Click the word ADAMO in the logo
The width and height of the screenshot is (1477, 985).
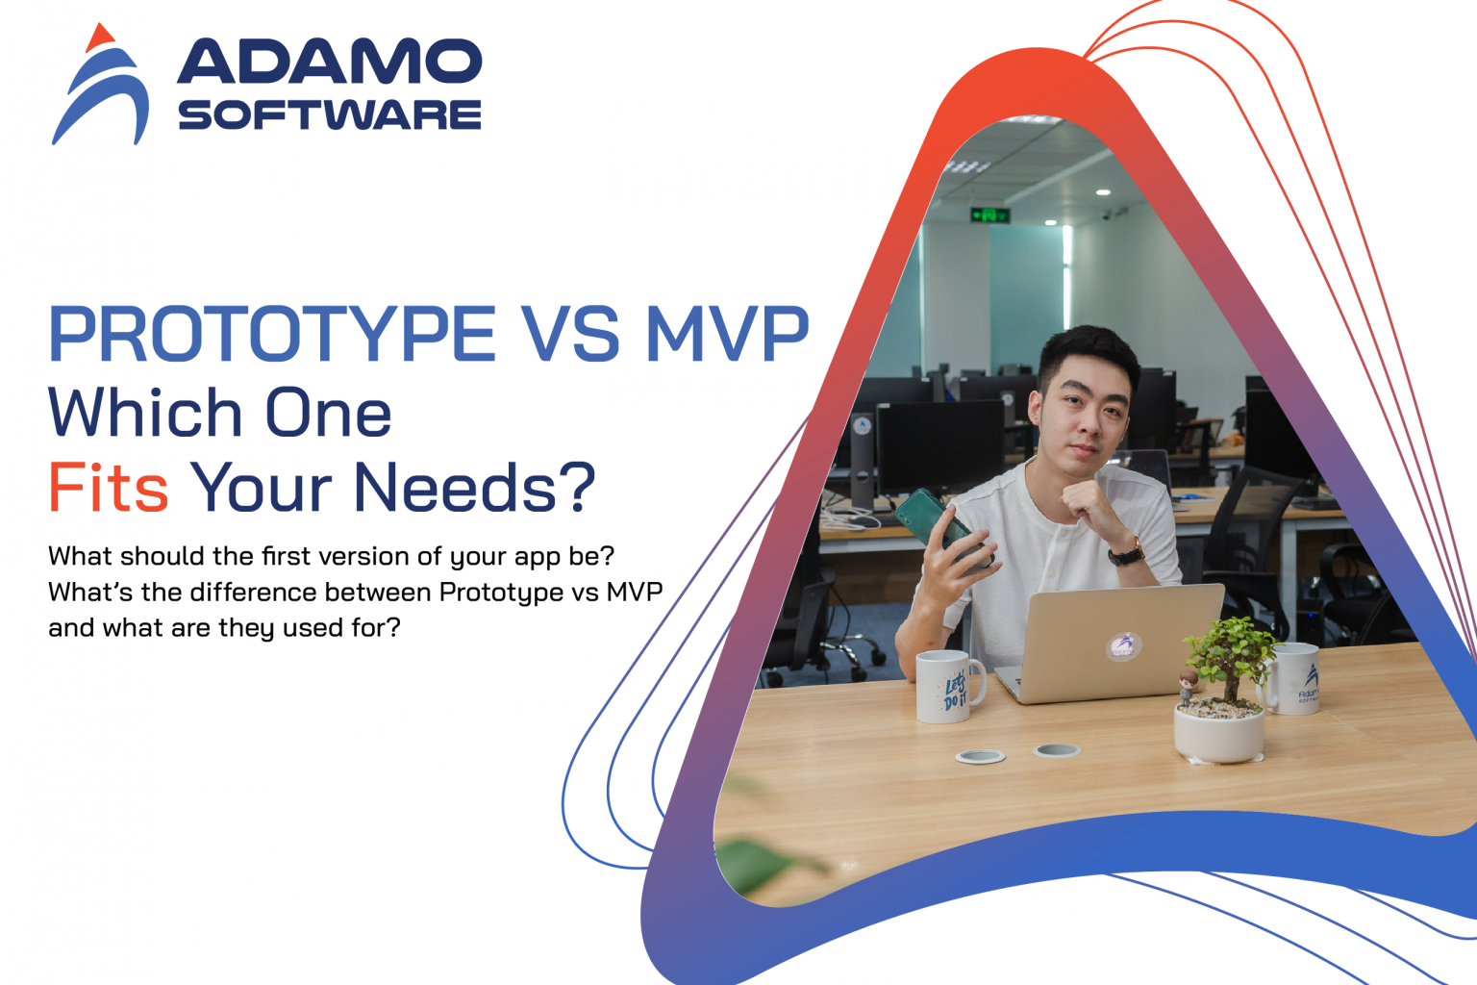pyautogui.click(x=329, y=63)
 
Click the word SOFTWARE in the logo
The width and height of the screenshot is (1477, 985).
pyautogui.click(x=329, y=115)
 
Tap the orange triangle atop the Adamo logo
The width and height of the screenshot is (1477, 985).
pyautogui.click(x=99, y=38)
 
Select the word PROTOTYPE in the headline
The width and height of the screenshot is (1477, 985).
pyautogui.click(x=272, y=335)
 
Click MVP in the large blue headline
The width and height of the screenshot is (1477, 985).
pyautogui.click(x=727, y=335)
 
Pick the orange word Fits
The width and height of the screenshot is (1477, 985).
pyautogui.click(x=108, y=488)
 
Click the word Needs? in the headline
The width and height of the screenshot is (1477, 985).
pyautogui.click(x=474, y=488)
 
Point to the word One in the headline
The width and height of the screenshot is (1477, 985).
pyautogui.click(x=328, y=414)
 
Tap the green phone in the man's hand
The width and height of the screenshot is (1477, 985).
pyautogui.click(x=931, y=519)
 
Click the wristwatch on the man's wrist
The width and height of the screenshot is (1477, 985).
pyautogui.click(x=1126, y=553)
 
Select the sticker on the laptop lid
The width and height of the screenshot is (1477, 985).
pyautogui.click(x=1123, y=644)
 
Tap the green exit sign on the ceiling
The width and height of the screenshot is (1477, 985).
pyautogui.click(x=989, y=214)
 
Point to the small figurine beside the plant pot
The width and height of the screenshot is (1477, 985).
pyautogui.click(x=1189, y=684)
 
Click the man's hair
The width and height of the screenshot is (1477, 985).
pyautogui.click(x=1088, y=350)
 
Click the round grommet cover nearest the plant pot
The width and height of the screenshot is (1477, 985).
pyautogui.click(x=1056, y=749)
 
